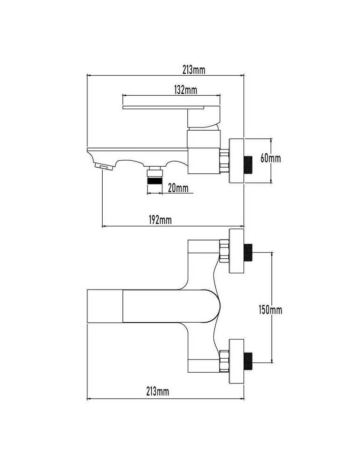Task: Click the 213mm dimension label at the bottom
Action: click(x=157, y=391)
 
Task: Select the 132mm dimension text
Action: click(x=185, y=90)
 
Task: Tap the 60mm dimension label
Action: click(x=270, y=158)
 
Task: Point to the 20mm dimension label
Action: click(x=178, y=188)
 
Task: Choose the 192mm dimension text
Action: click(x=160, y=220)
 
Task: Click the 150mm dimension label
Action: click(x=270, y=310)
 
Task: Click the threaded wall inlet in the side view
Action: click(x=248, y=164)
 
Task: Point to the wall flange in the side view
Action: click(x=236, y=161)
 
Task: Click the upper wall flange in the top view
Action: click(x=236, y=251)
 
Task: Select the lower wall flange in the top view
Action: click(x=236, y=361)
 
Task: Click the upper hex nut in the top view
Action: click(x=224, y=251)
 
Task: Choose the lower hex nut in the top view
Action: click(x=224, y=361)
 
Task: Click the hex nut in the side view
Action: click(x=224, y=161)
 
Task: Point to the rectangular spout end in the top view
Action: click(x=105, y=306)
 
